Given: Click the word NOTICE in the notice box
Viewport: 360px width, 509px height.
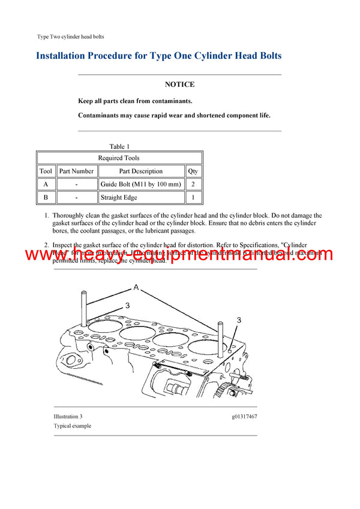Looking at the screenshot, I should tap(179, 85).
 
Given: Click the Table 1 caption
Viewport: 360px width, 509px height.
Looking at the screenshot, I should tap(119, 146).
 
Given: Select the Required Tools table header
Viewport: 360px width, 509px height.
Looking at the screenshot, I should tap(119, 158).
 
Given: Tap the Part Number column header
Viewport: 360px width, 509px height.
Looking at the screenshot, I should tap(77, 171).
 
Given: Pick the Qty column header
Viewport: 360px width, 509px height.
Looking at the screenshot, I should tap(193, 171).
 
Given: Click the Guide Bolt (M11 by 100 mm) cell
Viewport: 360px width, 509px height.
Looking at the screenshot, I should tap(140, 184).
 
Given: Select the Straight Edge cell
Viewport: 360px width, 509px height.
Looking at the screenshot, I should tap(119, 197).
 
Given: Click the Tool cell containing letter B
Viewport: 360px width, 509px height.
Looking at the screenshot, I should tap(46, 197).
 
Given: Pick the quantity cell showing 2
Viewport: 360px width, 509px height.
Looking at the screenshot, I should tap(193, 184).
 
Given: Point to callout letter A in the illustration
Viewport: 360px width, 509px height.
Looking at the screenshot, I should tap(136, 288).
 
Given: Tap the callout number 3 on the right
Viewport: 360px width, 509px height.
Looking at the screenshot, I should tap(238, 321).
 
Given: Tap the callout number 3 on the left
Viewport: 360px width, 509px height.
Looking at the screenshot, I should tap(127, 306).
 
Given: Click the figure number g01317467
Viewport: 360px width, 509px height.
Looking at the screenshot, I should tap(243, 416).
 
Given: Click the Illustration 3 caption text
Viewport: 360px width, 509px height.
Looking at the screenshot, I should tap(68, 416).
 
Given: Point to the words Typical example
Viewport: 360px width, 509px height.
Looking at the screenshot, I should tap(72, 426).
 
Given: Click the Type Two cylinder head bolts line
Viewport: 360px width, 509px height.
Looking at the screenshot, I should tap(70, 37).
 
